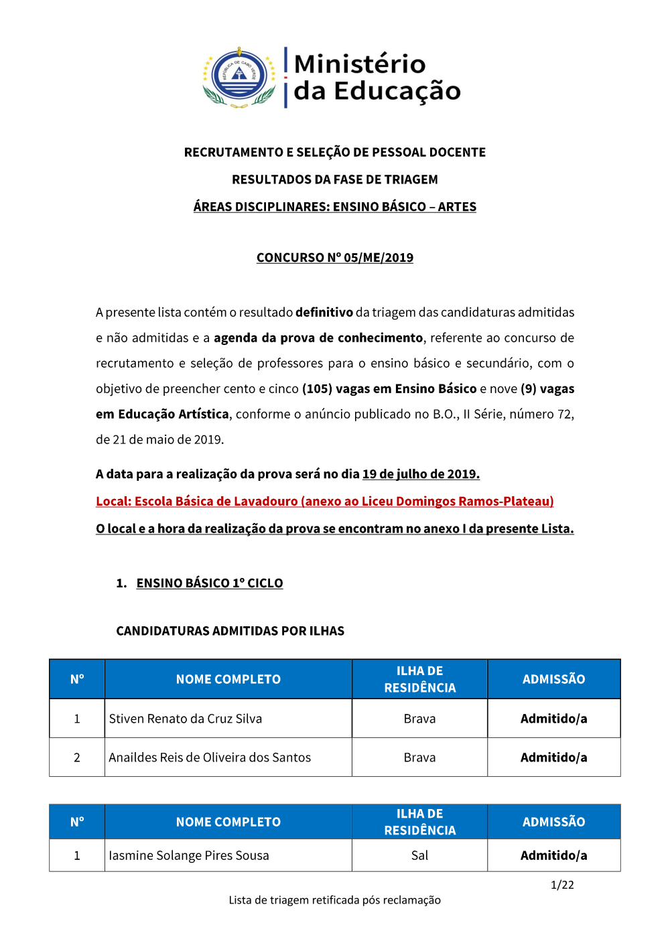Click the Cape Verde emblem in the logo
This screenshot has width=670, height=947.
239,77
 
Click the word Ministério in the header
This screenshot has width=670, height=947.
360,64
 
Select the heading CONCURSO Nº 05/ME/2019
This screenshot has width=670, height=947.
334,258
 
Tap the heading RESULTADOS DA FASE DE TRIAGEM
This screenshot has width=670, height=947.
334,179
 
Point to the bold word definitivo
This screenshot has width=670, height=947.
324,313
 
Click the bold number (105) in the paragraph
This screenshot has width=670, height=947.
317,389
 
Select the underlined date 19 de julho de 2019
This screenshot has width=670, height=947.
421,474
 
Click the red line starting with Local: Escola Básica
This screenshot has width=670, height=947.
324,502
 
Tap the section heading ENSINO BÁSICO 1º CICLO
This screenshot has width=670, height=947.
209,583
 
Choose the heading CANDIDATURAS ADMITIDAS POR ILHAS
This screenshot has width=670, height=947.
230,631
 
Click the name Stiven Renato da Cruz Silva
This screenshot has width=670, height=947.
185,719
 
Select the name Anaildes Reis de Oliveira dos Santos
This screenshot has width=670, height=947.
210,757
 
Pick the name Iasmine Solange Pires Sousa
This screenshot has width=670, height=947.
188,855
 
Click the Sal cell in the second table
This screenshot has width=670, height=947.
419,855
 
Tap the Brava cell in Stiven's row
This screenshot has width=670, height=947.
419,719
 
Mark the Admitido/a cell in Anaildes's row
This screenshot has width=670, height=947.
553,757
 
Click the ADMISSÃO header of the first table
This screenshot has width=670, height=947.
553,679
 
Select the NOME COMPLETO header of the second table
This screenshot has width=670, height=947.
228,822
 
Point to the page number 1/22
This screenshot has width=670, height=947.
562,885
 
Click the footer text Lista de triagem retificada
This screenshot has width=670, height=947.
334,900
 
